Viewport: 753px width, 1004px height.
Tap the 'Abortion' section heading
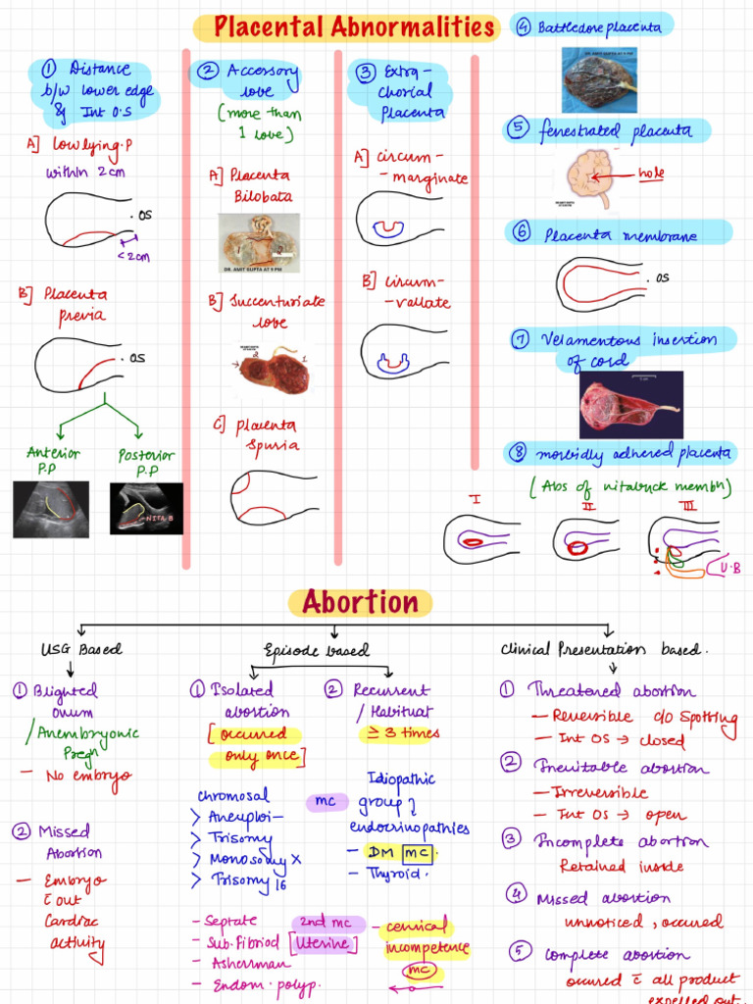pyautogui.click(x=360, y=601)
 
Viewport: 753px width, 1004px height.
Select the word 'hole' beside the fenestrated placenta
pyautogui.click(x=651, y=174)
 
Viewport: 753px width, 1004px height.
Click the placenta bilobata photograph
pyautogui.click(x=258, y=240)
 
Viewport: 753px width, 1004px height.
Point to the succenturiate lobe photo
pyautogui.click(x=274, y=371)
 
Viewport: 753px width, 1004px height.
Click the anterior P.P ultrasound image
pyautogui.click(x=51, y=508)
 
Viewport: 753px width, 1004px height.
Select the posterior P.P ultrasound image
pyautogui.click(x=146, y=508)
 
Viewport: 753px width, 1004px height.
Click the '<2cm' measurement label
pyautogui.click(x=132, y=257)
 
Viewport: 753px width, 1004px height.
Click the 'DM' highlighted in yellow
pyautogui.click(x=380, y=852)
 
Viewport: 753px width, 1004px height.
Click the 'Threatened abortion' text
pyautogui.click(x=612, y=690)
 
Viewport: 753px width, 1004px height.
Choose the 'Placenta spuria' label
pyautogui.click(x=260, y=435)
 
